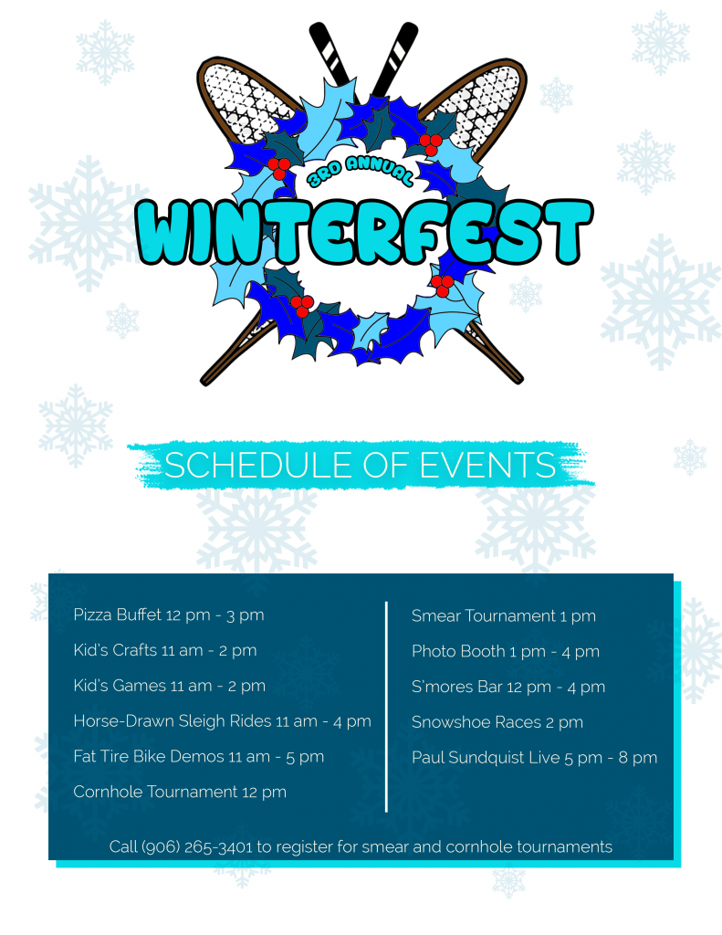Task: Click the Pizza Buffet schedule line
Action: click(169, 615)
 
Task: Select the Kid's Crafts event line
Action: click(165, 650)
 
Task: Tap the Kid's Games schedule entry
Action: click(170, 686)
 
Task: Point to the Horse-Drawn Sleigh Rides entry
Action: click(223, 721)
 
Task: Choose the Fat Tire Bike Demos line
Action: click(199, 756)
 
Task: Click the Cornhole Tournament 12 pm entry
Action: click(180, 792)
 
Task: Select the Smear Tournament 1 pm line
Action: click(504, 616)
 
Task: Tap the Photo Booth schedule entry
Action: click(506, 651)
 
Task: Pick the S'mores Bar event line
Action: click(508, 687)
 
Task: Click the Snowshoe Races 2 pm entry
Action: click(497, 722)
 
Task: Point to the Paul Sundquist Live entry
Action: click(535, 757)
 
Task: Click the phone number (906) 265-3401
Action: click(197, 846)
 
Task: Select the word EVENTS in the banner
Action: click(487, 465)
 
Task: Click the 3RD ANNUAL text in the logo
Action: click(361, 171)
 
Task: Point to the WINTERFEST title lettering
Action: click(363, 231)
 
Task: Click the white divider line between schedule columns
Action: click(387, 707)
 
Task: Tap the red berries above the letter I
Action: click(279, 168)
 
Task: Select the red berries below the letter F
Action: click(442, 285)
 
